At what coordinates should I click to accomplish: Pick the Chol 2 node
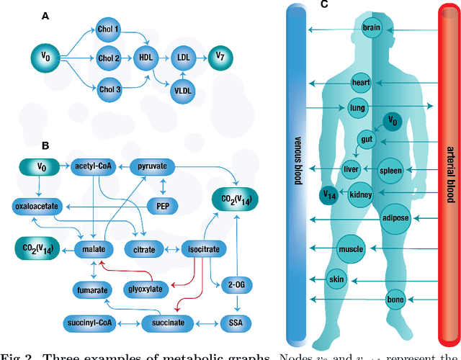(x=109, y=58)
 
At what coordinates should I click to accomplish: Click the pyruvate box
(x=152, y=166)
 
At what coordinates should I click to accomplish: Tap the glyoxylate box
(x=146, y=288)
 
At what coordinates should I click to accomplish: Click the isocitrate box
(x=205, y=249)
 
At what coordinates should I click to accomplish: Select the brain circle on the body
(x=371, y=29)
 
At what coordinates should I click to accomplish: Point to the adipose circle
(x=395, y=218)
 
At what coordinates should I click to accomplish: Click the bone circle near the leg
(x=395, y=300)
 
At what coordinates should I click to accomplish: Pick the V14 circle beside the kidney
(x=329, y=194)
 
